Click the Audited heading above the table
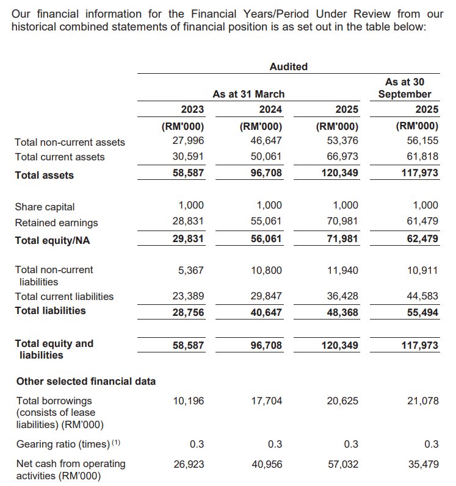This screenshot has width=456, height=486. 288,66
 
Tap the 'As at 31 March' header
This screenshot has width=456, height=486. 248,94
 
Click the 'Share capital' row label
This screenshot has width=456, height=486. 45,207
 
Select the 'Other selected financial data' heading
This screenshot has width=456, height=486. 86,381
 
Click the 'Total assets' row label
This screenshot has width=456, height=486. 44,176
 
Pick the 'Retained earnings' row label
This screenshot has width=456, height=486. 56,223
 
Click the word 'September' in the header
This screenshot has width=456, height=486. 405,94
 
